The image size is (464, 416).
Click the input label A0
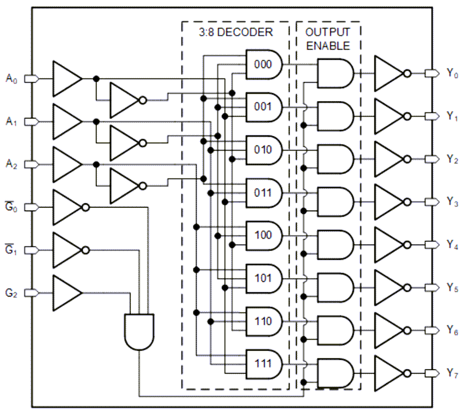(x=12, y=79)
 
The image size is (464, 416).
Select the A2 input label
(x=12, y=164)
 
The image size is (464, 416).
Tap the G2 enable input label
(x=12, y=293)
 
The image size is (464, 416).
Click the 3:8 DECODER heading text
(x=236, y=32)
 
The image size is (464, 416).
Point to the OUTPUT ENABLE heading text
(x=328, y=39)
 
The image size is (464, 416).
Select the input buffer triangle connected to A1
(x=67, y=122)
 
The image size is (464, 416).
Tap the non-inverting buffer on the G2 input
(x=67, y=293)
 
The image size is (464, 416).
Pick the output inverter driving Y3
(x=389, y=202)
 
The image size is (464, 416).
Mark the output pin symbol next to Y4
(x=430, y=244)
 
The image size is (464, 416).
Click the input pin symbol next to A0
(x=31, y=79)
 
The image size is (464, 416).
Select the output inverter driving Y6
(x=389, y=330)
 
